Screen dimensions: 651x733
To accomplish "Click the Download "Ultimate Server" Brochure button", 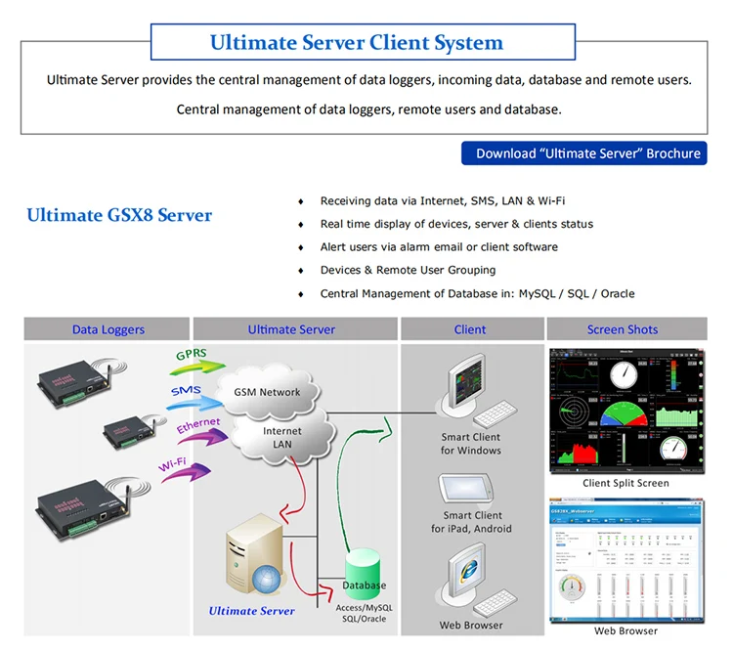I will point(584,153).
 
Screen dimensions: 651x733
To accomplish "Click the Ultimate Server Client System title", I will point(357,43).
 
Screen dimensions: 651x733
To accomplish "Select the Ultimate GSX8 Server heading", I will point(119,215).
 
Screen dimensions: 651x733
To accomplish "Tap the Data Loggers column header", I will point(108,329).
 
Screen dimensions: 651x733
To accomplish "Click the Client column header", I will point(470,329).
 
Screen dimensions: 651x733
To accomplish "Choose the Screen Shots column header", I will point(623,329).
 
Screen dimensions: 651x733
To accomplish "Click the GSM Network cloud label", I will point(267,392).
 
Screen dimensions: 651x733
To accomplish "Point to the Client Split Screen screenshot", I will point(625,410).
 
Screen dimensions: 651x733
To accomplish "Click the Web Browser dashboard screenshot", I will point(625,559).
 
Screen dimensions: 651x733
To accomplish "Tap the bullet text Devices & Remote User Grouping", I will point(408,270).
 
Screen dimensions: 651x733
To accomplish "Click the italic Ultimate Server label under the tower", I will point(251,611).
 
